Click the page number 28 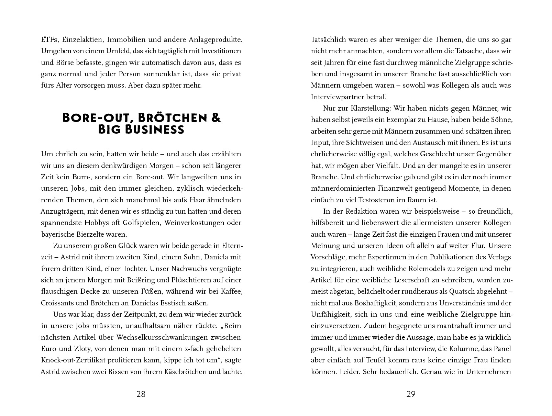pos(141,394)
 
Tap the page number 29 pos(411,394)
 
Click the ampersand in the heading pos(215,118)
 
